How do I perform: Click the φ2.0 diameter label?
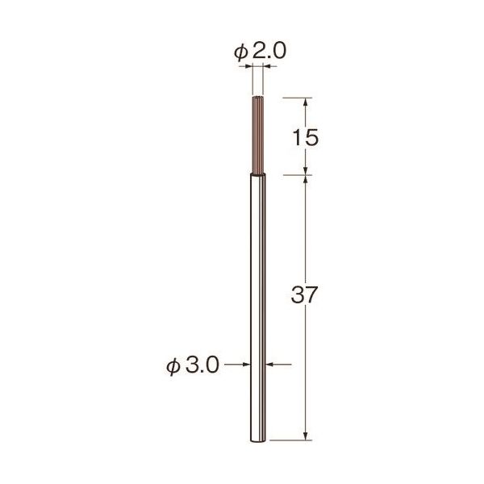(260, 52)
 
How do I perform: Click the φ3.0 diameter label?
(193, 365)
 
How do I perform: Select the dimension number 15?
(305, 137)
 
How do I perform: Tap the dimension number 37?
(304, 294)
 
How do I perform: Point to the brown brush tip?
(258, 136)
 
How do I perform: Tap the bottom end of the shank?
(258, 440)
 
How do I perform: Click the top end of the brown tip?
(258, 98)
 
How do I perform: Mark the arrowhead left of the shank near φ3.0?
(246, 365)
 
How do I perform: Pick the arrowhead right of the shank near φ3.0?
(269, 365)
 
